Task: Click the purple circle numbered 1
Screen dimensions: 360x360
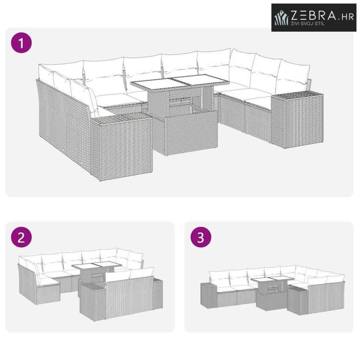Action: pos(21,43)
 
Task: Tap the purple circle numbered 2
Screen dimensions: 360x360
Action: pos(21,237)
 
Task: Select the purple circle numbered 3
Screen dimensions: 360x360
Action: pos(201,237)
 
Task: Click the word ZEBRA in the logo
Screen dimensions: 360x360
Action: pos(314,15)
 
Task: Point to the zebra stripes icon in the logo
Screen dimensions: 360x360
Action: pos(281,17)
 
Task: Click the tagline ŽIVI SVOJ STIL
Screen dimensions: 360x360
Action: pos(307,23)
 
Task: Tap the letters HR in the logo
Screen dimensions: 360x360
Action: pos(347,17)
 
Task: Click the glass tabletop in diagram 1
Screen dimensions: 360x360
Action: pos(180,82)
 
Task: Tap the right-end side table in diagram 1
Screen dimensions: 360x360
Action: pos(297,119)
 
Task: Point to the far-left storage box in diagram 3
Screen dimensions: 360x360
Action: pos(209,295)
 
